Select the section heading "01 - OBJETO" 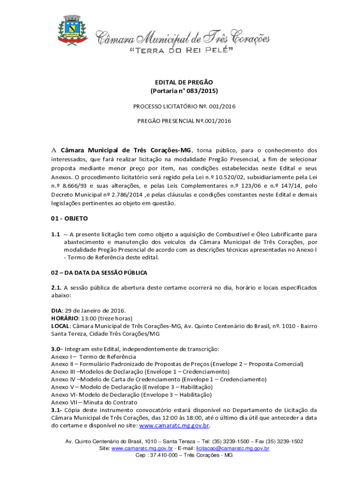tap(69, 218)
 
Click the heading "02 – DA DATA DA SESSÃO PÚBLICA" tap(99, 272)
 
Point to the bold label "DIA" tap(56, 311)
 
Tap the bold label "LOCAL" tap(60, 326)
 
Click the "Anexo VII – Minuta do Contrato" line tap(94, 402)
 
